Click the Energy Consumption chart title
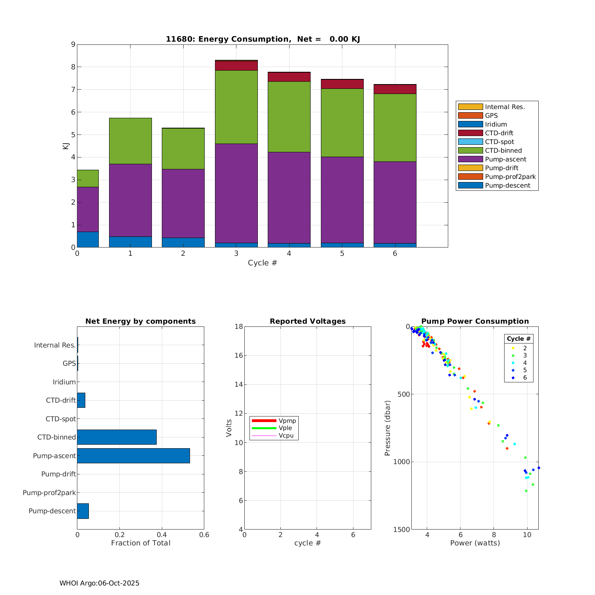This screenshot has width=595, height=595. [263, 39]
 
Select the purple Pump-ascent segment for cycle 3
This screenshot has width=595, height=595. [236, 193]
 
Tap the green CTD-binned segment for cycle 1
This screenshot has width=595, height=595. [131, 141]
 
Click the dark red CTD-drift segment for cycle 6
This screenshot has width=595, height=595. [395, 89]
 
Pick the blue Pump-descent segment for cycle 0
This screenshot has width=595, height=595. [88, 240]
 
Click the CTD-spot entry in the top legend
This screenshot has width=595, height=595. [499, 142]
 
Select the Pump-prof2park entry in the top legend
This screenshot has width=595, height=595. [510, 177]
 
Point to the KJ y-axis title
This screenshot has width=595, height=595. [65, 146]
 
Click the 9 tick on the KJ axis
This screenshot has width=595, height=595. [73, 44]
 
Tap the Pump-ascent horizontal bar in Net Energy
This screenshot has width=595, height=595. [133, 456]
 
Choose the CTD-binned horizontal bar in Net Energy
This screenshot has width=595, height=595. [117, 437]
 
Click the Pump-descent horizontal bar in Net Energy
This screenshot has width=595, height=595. [83, 511]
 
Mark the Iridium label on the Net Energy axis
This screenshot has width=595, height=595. [64, 382]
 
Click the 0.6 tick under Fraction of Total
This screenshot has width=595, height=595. [204, 535]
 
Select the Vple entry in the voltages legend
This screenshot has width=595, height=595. [285, 428]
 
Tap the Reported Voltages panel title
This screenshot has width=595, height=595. [307, 321]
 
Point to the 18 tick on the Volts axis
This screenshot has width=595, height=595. [238, 326]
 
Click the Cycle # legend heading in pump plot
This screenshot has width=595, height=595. [518, 339]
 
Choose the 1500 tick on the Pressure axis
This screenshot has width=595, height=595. [402, 530]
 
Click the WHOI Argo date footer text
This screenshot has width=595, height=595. [99, 583]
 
